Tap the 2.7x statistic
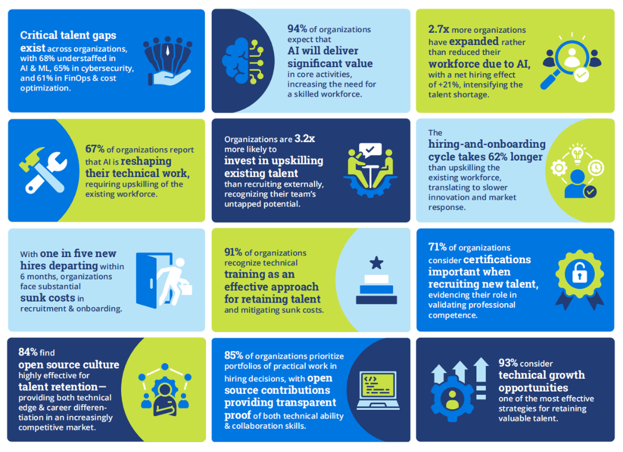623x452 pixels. pos(439,29)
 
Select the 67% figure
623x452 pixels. pos(95,150)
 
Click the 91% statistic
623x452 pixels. pos(234,252)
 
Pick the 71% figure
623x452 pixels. pos(438,247)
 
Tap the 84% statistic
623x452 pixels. pos(28,352)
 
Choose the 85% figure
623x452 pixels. pos(234,355)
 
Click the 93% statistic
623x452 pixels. pos(508,363)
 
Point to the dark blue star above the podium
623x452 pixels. pos(376,263)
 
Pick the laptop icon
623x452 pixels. pos(377,390)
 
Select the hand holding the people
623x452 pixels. pos(167,63)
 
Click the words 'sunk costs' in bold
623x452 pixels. pos(48,298)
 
